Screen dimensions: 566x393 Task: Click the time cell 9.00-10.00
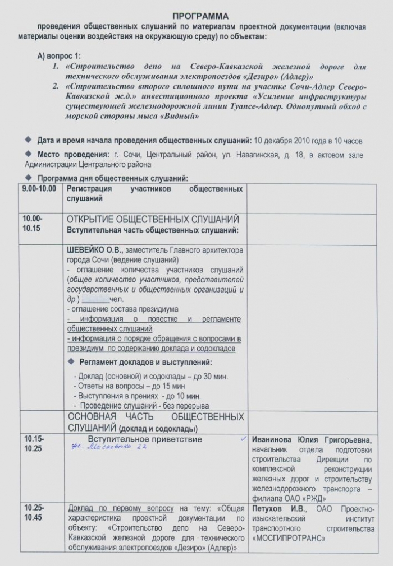click(39, 189)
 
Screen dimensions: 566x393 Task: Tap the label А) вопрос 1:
click(59, 57)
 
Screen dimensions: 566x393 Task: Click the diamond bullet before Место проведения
click(29, 154)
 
